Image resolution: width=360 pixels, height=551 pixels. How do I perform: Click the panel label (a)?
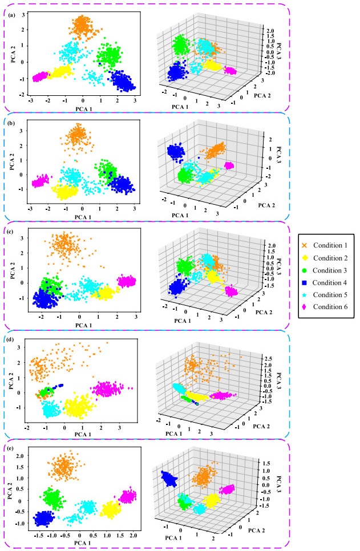pos(11,7)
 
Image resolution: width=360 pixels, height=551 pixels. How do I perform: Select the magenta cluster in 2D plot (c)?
pos(127,281)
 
